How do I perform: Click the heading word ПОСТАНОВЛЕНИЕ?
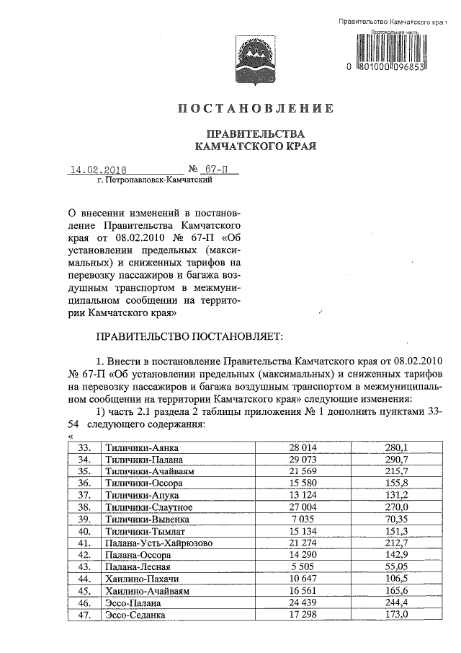coord(256,108)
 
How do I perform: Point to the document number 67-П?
coord(210,171)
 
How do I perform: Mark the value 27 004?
coord(303,507)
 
